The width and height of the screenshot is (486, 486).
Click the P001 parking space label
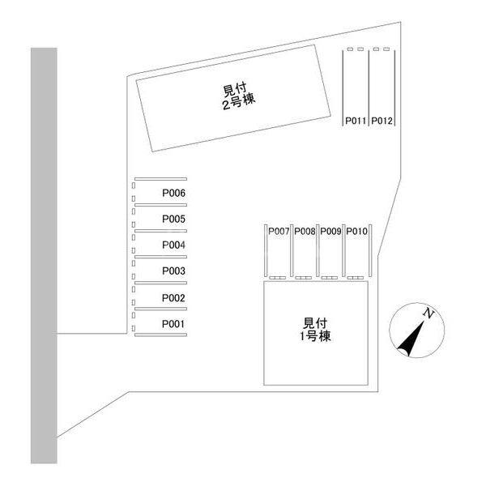pyautogui.click(x=173, y=324)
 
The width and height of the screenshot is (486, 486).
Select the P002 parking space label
pyautogui.click(x=173, y=298)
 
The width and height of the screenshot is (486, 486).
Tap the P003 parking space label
pyautogui.click(x=173, y=271)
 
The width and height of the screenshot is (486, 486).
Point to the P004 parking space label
pyautogui.click(x=173, y=245)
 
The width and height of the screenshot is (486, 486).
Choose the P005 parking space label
pyautogui.click(x=173, y=219)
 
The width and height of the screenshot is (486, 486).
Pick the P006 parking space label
pyautogui.click(x=173, y=193)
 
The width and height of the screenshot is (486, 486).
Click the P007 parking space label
pyautogui.click(x=279, y=231)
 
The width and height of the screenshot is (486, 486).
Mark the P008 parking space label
pyautogui.click(x=305, y=231)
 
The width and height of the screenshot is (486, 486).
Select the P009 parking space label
pyautogui.click(x=330, y=231)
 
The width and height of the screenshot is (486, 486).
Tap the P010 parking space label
pyautogui.click(x=356, y=231)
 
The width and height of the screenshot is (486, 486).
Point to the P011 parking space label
pyautogui.click(x=356, y=121)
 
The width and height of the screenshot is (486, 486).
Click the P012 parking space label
pyautogui.click(x=382, y=121)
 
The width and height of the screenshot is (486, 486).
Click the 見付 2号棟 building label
pyautogui.click(x=239, y=96)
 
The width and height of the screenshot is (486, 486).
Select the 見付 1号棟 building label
pyautogui.click(x=315, y=330)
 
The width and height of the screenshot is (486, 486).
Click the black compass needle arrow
pyautogui.click(x=411, y=339)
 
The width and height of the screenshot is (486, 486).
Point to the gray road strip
pyautogui.click(x=44, y=255)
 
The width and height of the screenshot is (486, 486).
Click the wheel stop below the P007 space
pyautogui.click(x=277, y=278)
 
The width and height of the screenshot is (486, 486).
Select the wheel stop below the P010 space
pyautogui.click(x=356, y=278)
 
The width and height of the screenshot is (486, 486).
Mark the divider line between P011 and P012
pyautogui.click(x=369, y=87)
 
